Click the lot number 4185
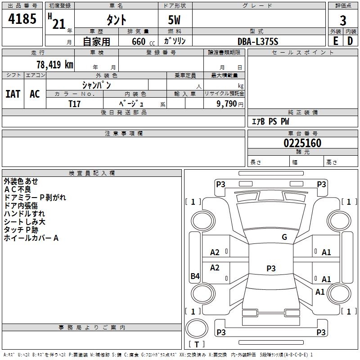(x=22, y=18)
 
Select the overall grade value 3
(x=343, y=21)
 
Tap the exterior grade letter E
(x=335, y=41)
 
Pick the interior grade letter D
(x=350, y=41)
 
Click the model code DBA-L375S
(x=258, y=41)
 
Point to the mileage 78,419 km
(x=55, y=65)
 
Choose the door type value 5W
(x=174, y=20)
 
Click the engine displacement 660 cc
(x=143, y=42)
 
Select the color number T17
(x=74, y=104)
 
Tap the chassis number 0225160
(x=302, y=143)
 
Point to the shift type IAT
(x=13, y=94)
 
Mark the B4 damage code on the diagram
(x=195, y=276)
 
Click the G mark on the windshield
(x=284, y=237)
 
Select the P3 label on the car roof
(x=271, y=268)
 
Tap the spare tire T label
(x=197, y=344)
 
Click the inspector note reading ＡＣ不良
(x=18, y=189)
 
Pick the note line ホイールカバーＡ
(x=31, y=238)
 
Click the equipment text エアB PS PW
(x=270, y=121)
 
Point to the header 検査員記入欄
(x=92, y=173)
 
